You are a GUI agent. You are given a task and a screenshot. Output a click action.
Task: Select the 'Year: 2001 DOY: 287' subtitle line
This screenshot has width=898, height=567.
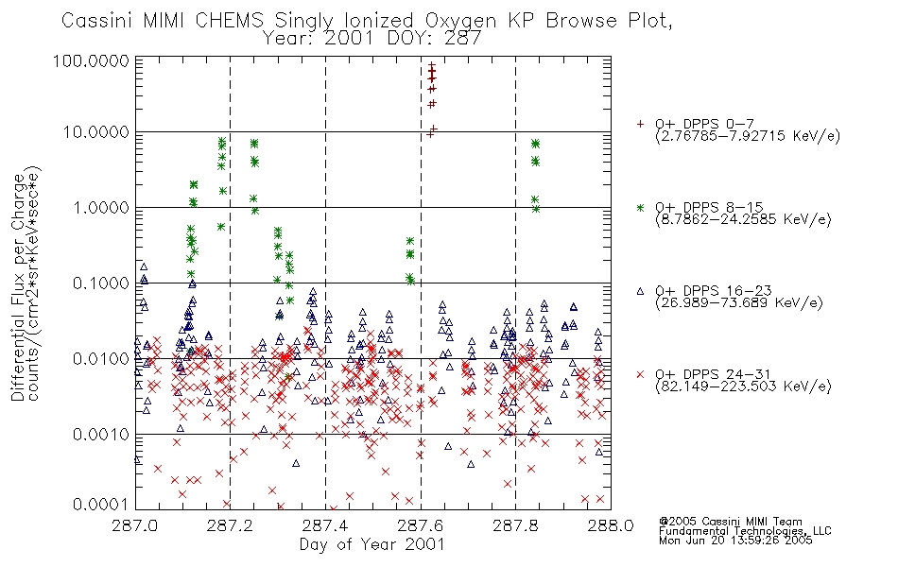[371, 39]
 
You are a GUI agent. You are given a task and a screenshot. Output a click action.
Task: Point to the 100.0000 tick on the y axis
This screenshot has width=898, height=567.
[91, 60]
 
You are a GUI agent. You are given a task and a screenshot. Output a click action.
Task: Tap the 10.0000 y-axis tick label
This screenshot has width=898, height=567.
[96, 132]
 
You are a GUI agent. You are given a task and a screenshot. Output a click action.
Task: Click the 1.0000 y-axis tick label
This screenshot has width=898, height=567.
[101, 207]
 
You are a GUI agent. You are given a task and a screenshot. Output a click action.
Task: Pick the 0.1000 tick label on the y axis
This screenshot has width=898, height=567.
[101, 283]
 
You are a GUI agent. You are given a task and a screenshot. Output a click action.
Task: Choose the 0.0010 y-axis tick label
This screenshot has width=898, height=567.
[101, 434]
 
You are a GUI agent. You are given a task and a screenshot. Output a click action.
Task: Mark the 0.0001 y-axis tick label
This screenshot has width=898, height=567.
[101, 504]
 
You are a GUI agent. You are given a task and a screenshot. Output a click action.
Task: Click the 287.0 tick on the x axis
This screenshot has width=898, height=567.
[135, 525]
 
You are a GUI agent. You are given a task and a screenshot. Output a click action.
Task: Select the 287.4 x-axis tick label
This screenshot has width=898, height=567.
[325, 525]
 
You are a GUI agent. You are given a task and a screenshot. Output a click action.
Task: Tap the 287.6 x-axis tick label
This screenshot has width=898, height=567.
[421, 525]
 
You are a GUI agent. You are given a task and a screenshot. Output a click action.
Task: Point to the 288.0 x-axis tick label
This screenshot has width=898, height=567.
[611, 525]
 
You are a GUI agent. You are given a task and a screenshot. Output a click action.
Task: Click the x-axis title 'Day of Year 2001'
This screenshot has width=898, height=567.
[372, 544]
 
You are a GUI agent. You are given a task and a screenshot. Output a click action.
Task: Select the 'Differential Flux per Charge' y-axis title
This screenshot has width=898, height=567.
[18, 286]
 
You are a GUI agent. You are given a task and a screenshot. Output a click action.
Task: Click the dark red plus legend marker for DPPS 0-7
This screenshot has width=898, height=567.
[640, 124]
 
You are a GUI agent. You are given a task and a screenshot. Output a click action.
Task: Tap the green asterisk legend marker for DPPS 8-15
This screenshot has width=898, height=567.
[640, 207]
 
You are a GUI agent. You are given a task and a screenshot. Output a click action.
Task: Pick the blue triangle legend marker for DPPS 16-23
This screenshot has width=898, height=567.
[640, 291]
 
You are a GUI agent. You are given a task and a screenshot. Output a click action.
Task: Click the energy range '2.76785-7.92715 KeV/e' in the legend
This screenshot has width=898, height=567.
[748, 136]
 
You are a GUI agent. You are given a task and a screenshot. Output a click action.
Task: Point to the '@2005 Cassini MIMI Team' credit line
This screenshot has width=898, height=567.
[730, 522]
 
